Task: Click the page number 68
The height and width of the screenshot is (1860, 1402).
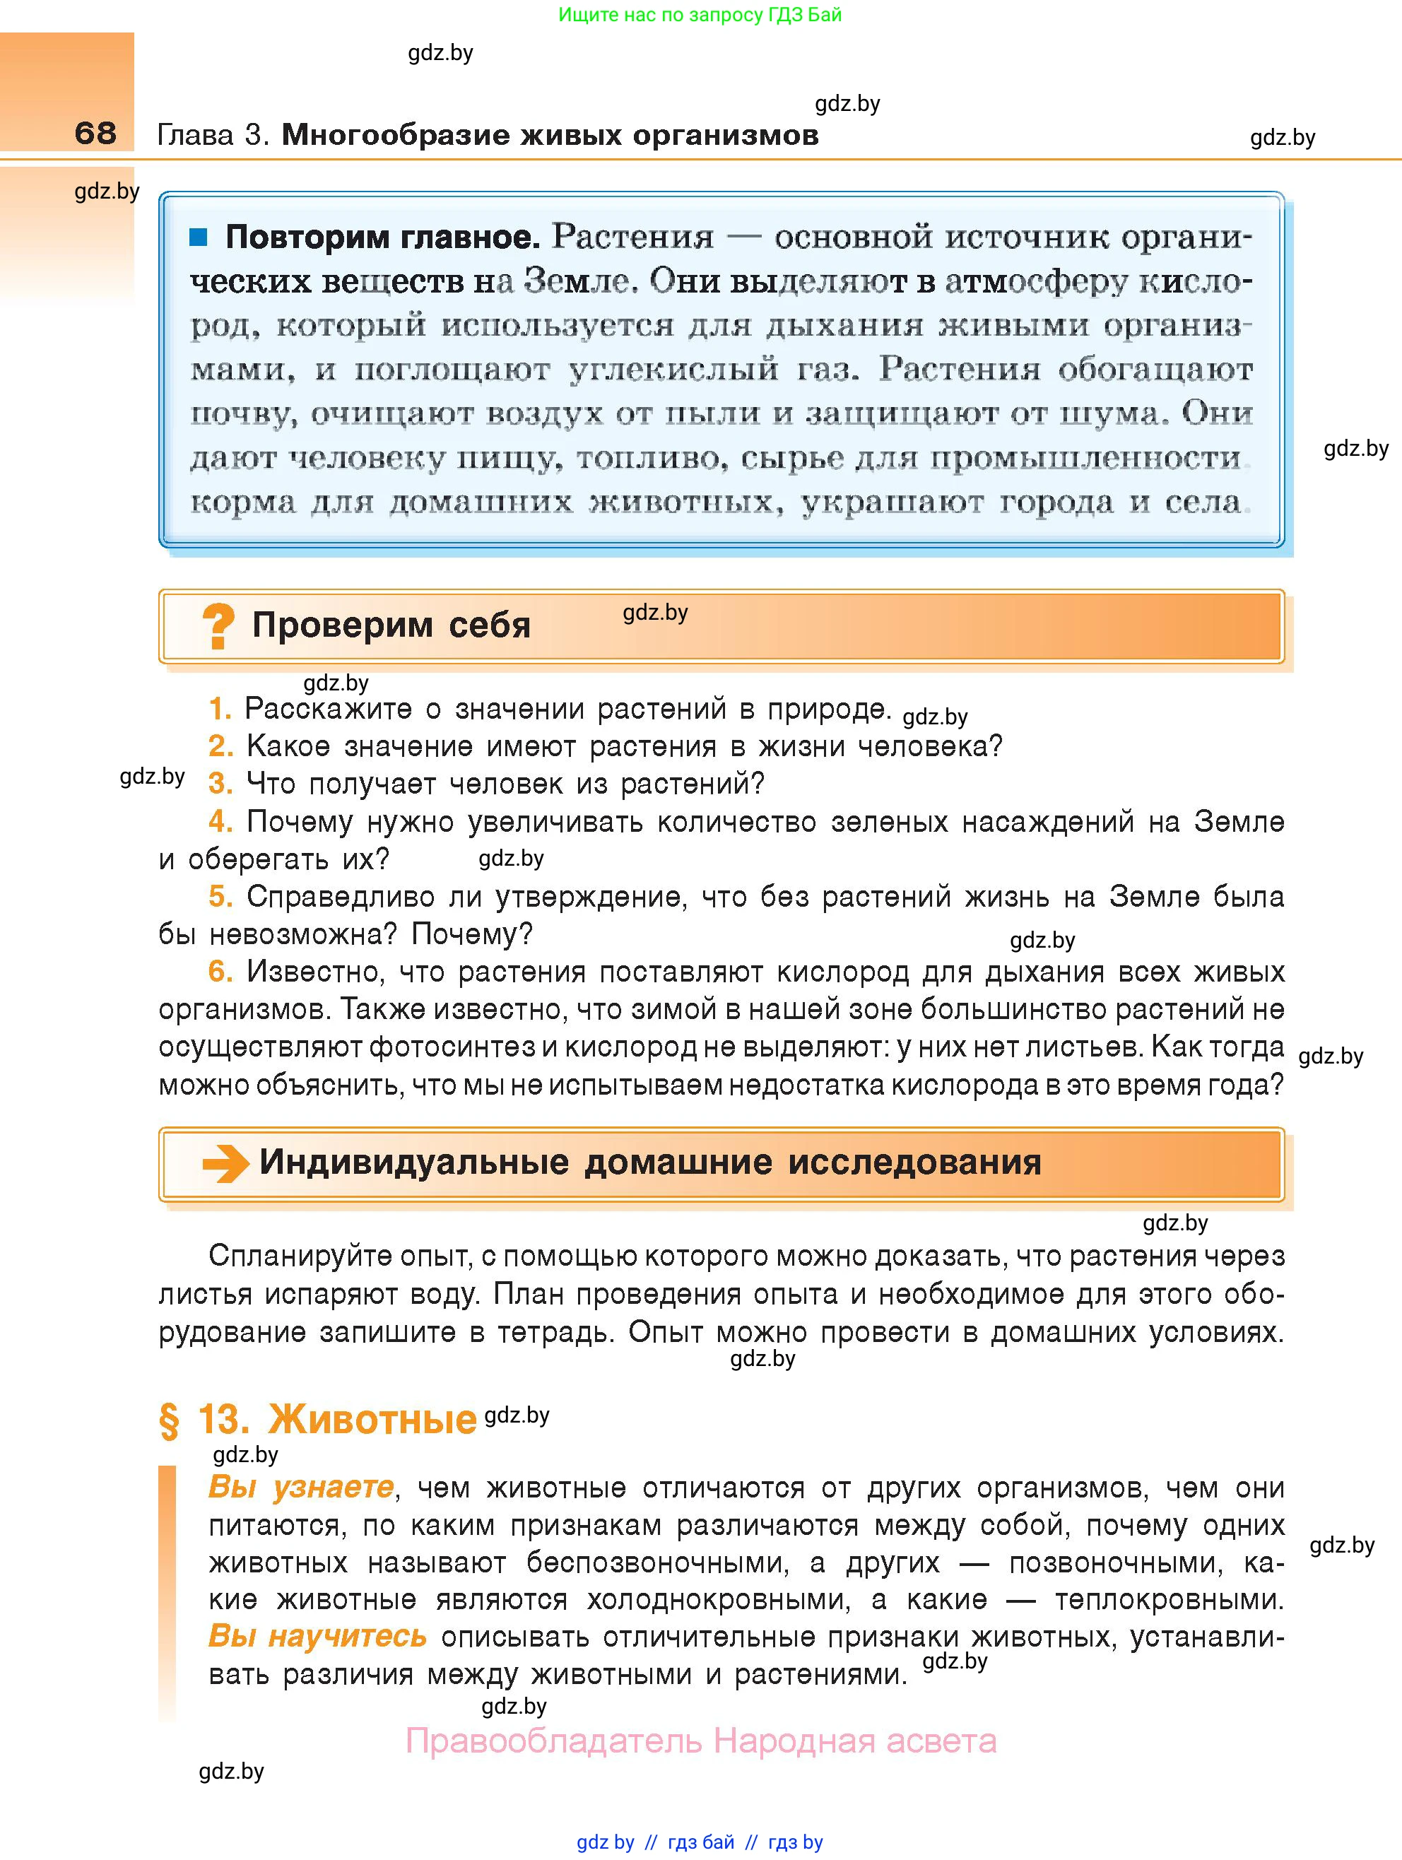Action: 95,133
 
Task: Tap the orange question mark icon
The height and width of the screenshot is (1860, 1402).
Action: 218,626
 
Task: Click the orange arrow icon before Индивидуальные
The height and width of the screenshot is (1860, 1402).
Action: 225,1164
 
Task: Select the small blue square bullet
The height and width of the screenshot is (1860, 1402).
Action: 199,238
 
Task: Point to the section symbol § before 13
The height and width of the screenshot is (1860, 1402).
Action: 169,1420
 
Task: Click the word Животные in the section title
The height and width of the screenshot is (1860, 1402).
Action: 372,1420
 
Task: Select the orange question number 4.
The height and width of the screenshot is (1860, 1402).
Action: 220,822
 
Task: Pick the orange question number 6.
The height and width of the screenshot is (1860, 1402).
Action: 220,972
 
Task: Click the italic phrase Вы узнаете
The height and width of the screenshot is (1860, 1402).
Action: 300,1488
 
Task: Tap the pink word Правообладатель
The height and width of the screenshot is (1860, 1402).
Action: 553,1741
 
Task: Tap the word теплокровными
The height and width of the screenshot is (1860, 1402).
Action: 1169,1599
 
